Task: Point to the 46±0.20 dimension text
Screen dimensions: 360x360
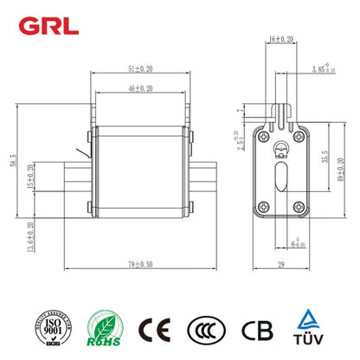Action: [137, 88]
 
